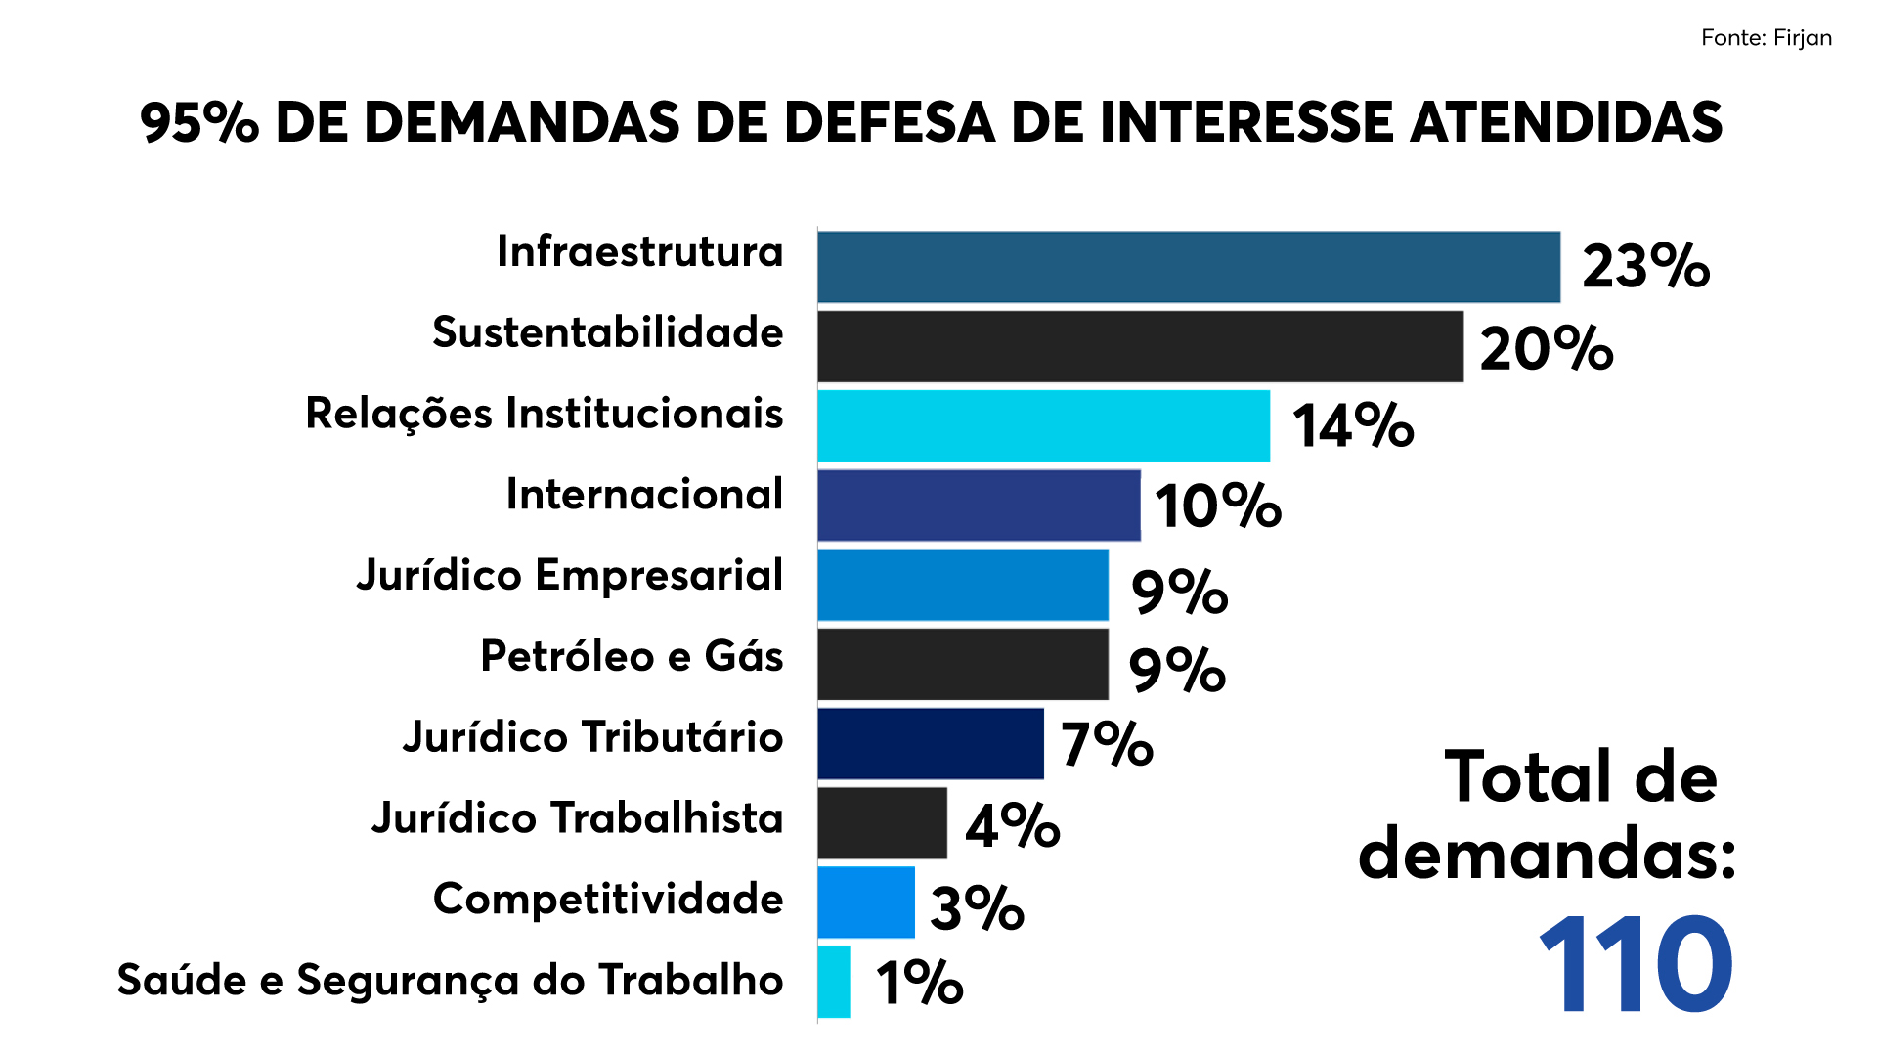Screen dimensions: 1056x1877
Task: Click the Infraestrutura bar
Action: point(1188,267)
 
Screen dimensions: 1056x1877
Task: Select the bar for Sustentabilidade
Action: point(1140,346)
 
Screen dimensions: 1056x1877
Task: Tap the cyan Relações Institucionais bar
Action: point(1043,425)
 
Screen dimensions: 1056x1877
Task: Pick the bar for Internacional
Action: point(979,505)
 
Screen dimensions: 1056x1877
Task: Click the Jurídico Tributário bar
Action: point(930,743)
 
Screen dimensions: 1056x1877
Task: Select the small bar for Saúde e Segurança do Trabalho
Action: point(834,982)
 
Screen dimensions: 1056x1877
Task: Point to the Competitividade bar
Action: point(866,902)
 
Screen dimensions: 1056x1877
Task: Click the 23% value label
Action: point(1645,266)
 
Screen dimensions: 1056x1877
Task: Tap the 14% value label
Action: point(1353,426)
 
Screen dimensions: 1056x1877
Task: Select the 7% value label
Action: point(1107,744)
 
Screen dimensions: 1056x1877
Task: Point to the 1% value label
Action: point(919,983)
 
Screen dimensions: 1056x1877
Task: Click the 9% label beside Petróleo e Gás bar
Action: point(1177,670)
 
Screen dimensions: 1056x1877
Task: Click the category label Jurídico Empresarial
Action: point(569,576)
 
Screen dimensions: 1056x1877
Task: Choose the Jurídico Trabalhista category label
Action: point(577,818)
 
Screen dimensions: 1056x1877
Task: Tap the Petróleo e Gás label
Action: point(632,656)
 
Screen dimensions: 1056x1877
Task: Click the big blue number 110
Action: point(1637,966)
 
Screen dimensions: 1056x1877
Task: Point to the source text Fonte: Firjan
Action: point(1766,38)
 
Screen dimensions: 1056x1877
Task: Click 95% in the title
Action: point(199,123)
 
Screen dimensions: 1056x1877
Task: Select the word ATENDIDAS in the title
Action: point(1566,123)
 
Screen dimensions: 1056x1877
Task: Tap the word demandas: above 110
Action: point(1547,855)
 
